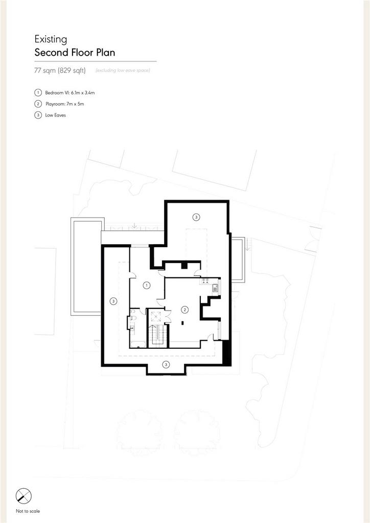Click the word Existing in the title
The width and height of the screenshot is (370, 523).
51,39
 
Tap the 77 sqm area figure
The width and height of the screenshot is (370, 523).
45,70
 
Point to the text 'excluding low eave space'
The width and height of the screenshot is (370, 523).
123,70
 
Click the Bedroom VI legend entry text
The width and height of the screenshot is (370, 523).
70,93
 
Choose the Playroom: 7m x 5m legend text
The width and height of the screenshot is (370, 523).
65,104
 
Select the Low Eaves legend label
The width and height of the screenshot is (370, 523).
55,115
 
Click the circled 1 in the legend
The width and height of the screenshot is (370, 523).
38,93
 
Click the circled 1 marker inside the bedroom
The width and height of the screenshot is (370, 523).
146,285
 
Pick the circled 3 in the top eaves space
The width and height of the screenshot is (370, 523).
196,217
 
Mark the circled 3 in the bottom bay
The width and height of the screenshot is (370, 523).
166,364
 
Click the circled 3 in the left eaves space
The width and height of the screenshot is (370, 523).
113,301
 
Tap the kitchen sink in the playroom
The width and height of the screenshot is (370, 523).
215,289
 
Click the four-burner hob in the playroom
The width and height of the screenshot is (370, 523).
205,281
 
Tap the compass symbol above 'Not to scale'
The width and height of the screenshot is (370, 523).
24,495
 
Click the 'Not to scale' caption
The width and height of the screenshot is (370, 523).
28,511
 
